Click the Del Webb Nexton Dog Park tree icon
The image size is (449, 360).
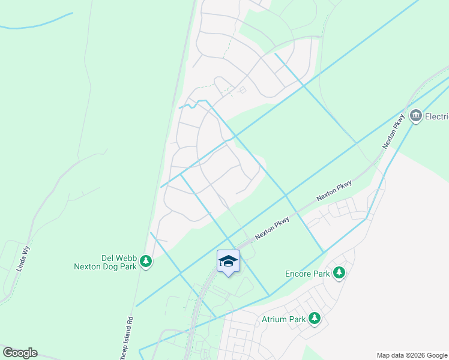[145, 261]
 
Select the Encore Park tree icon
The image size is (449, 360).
[339, 273]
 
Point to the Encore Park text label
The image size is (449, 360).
[307, 274]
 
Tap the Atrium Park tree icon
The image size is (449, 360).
[315, 319]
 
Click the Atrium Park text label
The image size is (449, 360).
[284, 319]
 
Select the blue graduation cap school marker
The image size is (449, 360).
[228, 261]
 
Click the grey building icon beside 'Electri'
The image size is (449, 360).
[415, 116]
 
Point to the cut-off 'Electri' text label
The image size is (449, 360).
[436, 116]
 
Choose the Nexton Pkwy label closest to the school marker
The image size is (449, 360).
[273, 228]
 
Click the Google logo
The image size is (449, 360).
[20, 353]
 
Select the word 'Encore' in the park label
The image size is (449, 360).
[300, 274]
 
